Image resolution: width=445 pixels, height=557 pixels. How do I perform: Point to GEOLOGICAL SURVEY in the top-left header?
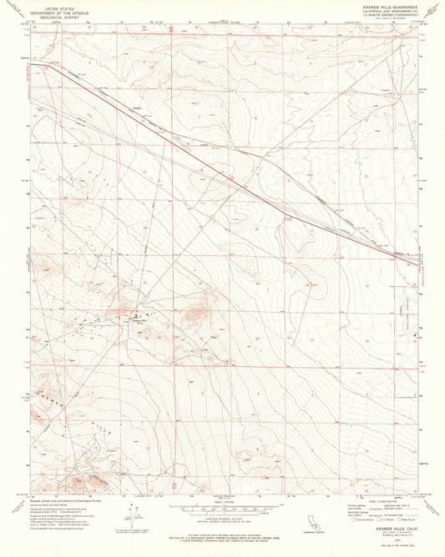(x=50, y=17)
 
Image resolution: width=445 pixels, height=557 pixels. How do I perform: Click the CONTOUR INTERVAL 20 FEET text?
(x=221, y=518)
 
